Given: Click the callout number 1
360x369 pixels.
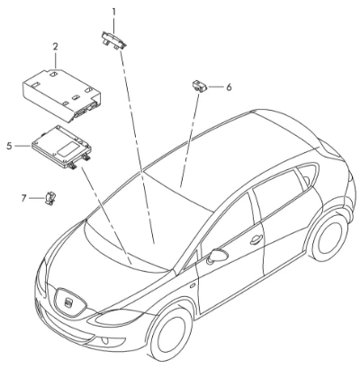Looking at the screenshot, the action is [114, 13].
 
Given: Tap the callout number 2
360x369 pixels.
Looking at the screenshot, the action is [55, 47].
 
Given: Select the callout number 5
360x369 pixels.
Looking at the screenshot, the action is [9, 147].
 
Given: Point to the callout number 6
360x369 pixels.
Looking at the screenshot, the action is [229, 87].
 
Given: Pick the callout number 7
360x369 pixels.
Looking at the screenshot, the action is [24, 198].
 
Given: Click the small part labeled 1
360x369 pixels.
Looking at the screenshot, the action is [114, 40].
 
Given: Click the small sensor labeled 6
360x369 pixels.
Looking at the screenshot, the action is [200, 85].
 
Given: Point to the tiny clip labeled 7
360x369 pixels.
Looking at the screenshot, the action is [49, 198].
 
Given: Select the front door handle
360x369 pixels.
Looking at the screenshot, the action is [256, 238].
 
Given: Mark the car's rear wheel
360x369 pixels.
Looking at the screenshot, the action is [329, 237].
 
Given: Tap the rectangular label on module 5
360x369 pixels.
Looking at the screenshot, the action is [67, 148].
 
